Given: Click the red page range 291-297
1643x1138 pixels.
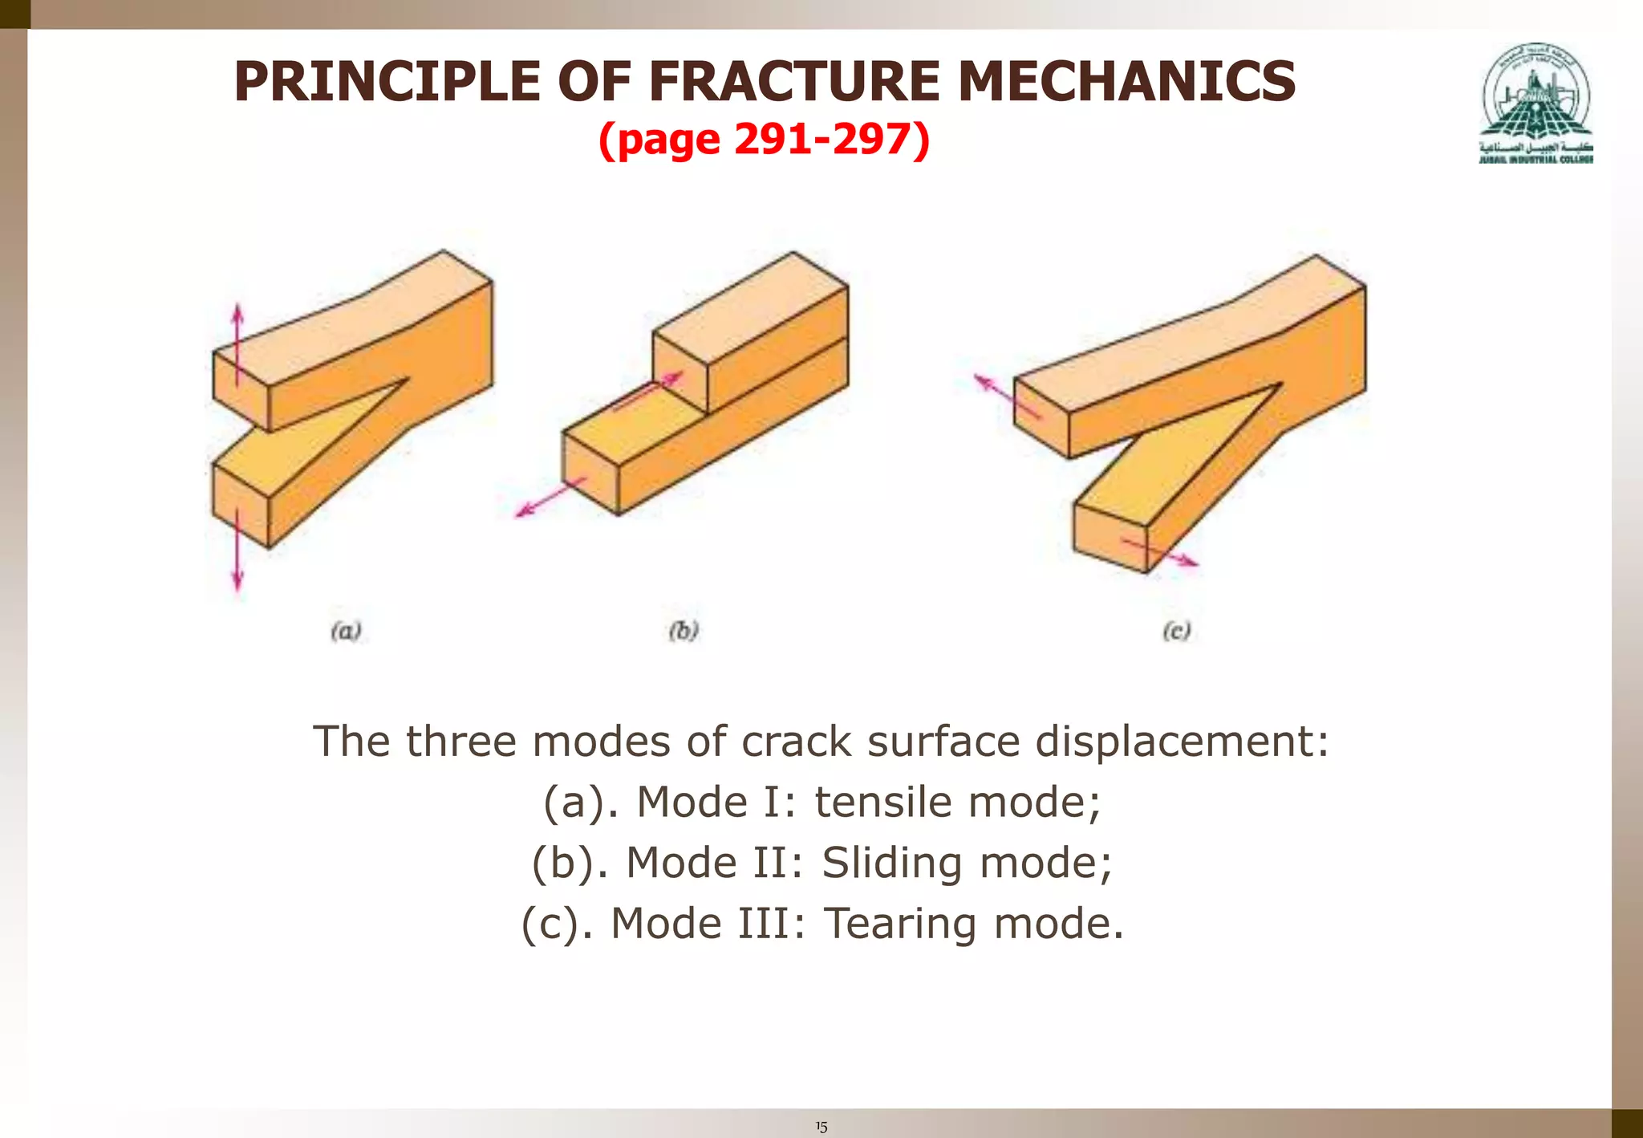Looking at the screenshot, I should [822, 139].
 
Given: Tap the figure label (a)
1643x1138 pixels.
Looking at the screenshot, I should [347, 631].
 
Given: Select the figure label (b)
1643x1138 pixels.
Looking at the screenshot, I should [684, 631].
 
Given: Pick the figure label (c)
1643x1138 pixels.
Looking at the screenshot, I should [1176, 631].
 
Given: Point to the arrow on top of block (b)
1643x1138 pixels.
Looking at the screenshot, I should [648, 391].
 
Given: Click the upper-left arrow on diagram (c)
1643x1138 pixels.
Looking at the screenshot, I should [1006, 396].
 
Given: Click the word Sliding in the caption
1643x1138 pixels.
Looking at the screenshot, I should [890, 863].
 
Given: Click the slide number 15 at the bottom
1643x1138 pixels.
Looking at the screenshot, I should [821, 1127].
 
